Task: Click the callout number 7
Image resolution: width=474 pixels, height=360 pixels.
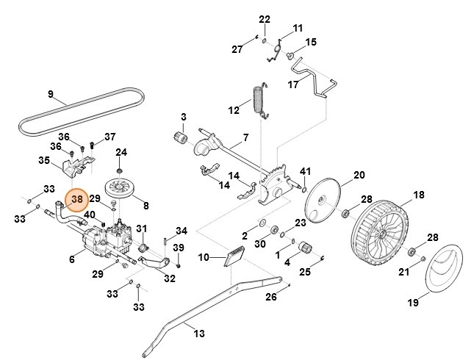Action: (245, 138)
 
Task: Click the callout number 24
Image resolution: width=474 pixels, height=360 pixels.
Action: (121, 152)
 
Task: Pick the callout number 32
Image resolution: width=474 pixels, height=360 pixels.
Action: (170, 278)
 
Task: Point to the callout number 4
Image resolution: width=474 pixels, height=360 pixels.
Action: (287, 262)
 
